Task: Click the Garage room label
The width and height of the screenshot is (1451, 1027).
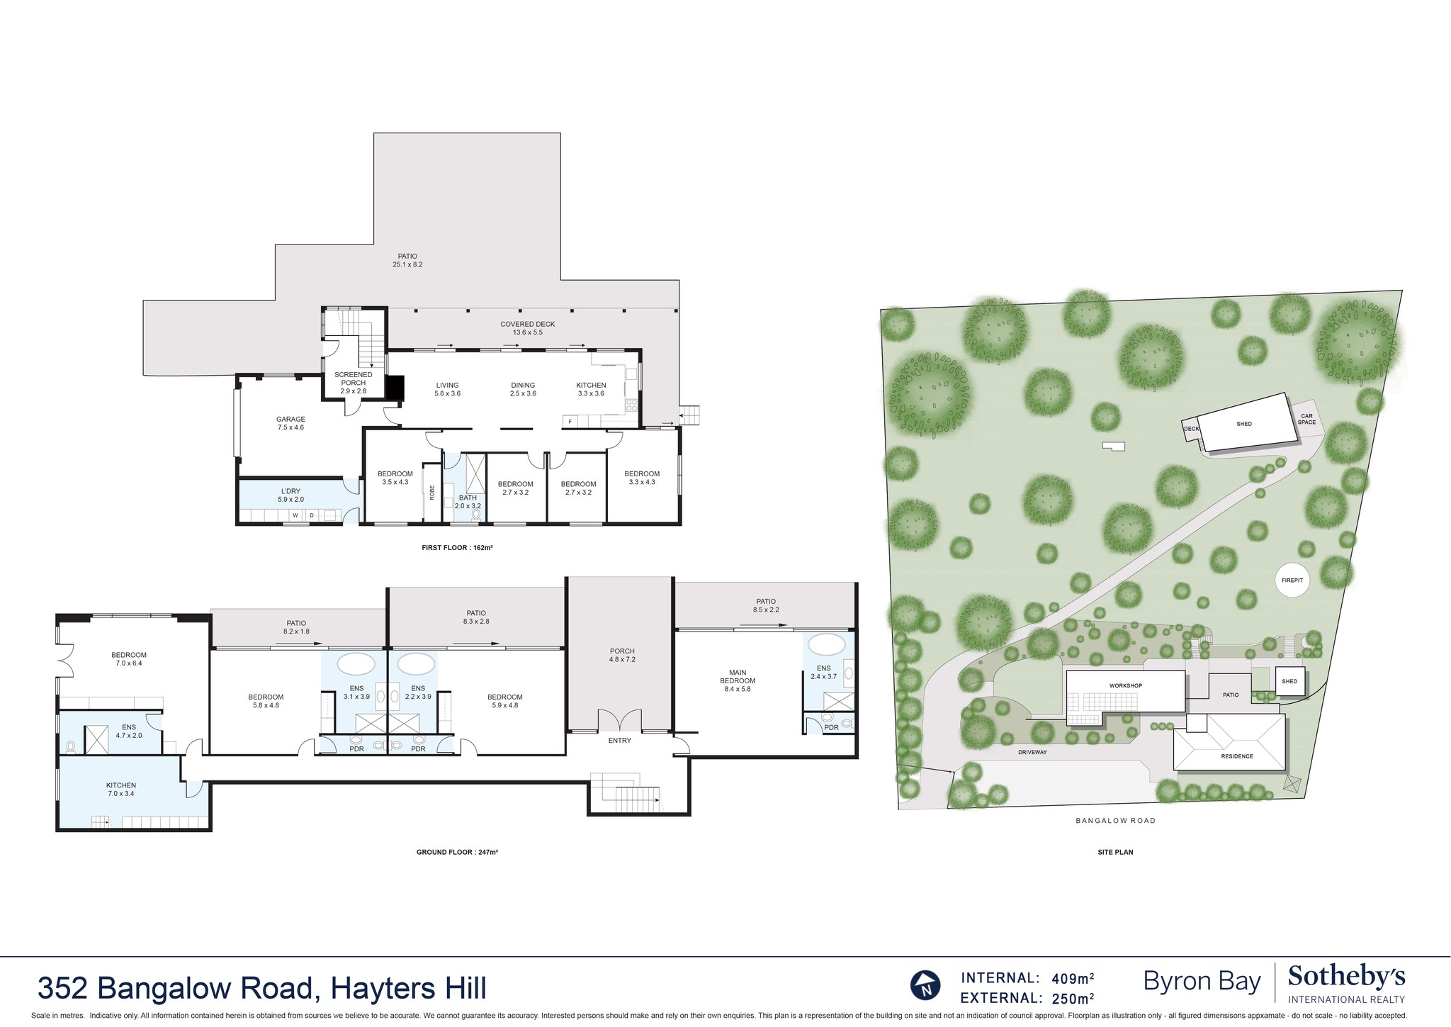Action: coord(290,423)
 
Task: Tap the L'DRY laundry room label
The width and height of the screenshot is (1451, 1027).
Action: coord(290,495)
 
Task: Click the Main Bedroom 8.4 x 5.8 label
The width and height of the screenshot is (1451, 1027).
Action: coord(737,680)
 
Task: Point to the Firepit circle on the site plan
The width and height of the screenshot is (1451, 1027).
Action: coord(1292,580)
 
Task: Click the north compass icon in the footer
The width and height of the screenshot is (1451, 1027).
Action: coord(925,985)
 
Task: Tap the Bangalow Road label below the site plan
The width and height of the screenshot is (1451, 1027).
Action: coord(1115,821)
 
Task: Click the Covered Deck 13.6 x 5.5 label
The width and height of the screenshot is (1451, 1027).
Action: coord(527,328)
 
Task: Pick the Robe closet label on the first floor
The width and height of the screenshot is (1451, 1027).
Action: coord(431,493)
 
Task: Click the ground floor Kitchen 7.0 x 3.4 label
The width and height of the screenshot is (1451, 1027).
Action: coord(120,790)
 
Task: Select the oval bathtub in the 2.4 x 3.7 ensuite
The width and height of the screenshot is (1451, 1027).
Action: coord(827,645)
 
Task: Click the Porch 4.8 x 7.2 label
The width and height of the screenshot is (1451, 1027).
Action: coord(622,655)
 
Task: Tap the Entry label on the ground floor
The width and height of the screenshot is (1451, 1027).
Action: coord(619,741)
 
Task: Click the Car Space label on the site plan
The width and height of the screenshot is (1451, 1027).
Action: coord(1306,419)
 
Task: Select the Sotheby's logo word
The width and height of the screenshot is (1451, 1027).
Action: coord(1346,977)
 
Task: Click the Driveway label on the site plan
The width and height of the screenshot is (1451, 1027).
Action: coord(1032,752)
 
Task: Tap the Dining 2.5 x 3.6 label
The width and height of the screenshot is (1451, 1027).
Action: coord(523,389)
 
